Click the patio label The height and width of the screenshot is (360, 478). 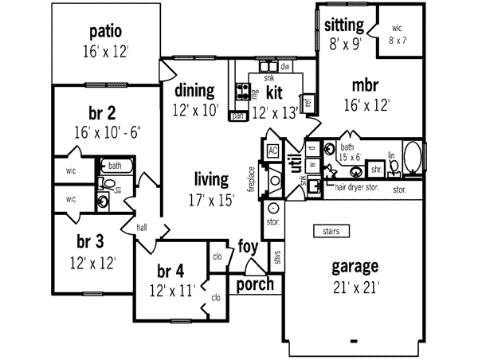point(105,33)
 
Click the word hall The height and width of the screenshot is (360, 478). point(143,227)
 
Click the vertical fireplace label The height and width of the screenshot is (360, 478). point(251,179)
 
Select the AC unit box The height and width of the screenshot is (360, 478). point(272,151)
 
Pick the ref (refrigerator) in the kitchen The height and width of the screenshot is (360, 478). point(308,101)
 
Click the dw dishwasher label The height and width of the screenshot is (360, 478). point(284,67)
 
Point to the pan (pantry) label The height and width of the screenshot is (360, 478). point(237,116)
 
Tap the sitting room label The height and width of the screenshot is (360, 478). point(344,25)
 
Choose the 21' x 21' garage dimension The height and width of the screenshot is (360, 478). point(355,286)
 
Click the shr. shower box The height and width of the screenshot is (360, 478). point(377,170)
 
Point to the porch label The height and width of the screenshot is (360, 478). point(256,284)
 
